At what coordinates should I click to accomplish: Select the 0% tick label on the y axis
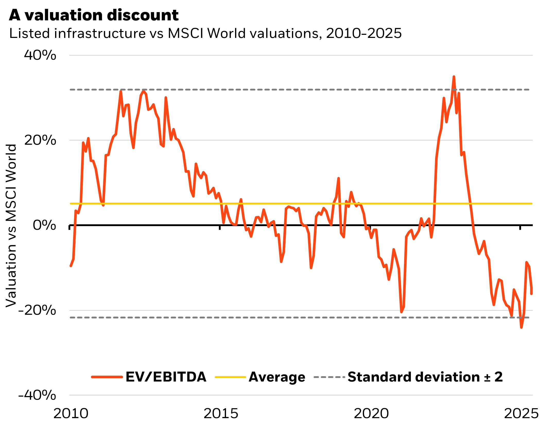click(44, 225)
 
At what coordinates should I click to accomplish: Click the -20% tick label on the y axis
click(37, 310)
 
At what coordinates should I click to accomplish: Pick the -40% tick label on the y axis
click(37, 395)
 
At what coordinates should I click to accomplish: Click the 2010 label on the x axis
click(71, 414)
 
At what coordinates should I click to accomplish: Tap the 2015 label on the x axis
click(221, 414)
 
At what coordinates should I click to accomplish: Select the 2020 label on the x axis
click(371, 414)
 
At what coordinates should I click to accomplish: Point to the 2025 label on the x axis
click(521, 414)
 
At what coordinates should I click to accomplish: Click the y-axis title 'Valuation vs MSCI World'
click(11, 226)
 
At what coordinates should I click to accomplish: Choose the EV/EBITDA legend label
click(166, 377)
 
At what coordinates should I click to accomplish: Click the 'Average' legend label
click(277, 377)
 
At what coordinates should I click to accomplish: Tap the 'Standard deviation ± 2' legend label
click(425, 377)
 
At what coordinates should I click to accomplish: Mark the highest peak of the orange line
click(454, 77)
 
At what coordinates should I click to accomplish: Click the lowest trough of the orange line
click(521, 327)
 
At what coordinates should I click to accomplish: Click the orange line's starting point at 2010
click(71, 266)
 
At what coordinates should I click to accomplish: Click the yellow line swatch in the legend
click(230, 377)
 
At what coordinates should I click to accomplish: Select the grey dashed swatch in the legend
click(329, 377)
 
